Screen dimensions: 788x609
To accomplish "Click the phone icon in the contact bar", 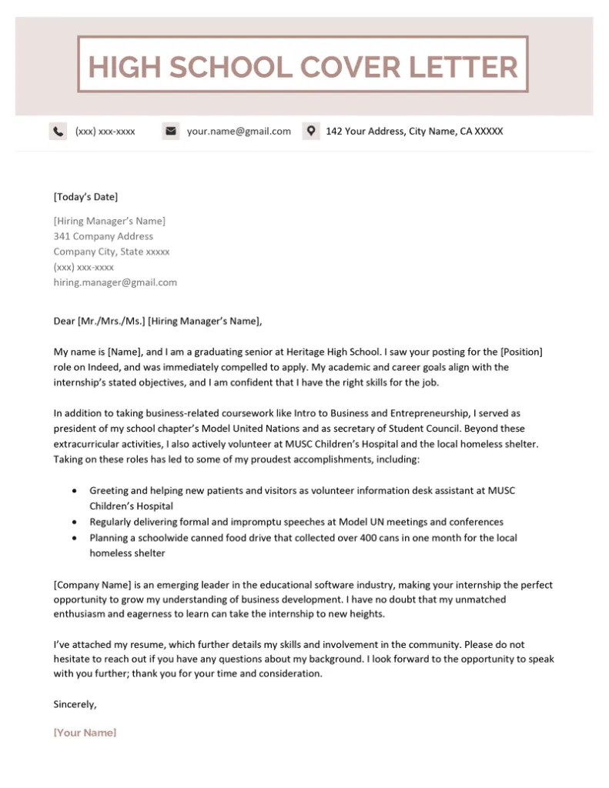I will (x=58, y=131).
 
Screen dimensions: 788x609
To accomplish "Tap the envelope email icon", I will (x=170, y=131).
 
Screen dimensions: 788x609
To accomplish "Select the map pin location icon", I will (x=310, y=131).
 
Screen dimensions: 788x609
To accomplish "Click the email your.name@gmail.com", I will (x=239, y=132).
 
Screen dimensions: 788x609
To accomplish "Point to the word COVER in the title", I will (x=350, y=67).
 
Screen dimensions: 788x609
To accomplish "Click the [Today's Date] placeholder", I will (x=85, y=197).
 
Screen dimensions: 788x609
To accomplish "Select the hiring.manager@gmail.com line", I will (x=115, y=282).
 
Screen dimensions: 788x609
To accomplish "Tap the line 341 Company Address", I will (x=103, y=236).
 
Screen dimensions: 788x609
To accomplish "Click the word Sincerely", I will (x=75, y=703).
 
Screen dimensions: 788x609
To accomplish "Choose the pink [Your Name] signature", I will (x=85, y=733).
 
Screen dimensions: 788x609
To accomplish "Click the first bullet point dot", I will (x=74, y=490).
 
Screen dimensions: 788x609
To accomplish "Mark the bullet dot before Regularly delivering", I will (x=74, y=522).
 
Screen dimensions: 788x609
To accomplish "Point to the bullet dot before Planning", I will (x=74, y=538).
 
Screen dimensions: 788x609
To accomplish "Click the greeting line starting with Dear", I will (x=158, y=322).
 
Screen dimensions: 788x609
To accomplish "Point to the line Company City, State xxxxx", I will (x=112, y=252).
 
